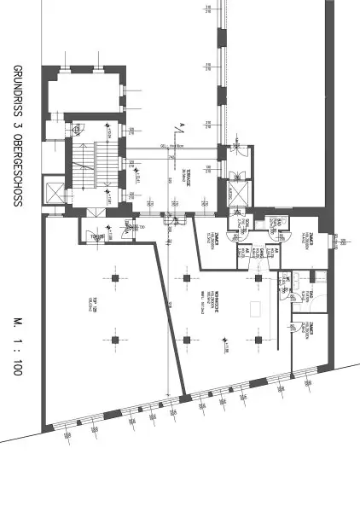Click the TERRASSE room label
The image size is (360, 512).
click(x=187, y=177)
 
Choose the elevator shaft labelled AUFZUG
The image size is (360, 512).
click(x=236, y=193)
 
